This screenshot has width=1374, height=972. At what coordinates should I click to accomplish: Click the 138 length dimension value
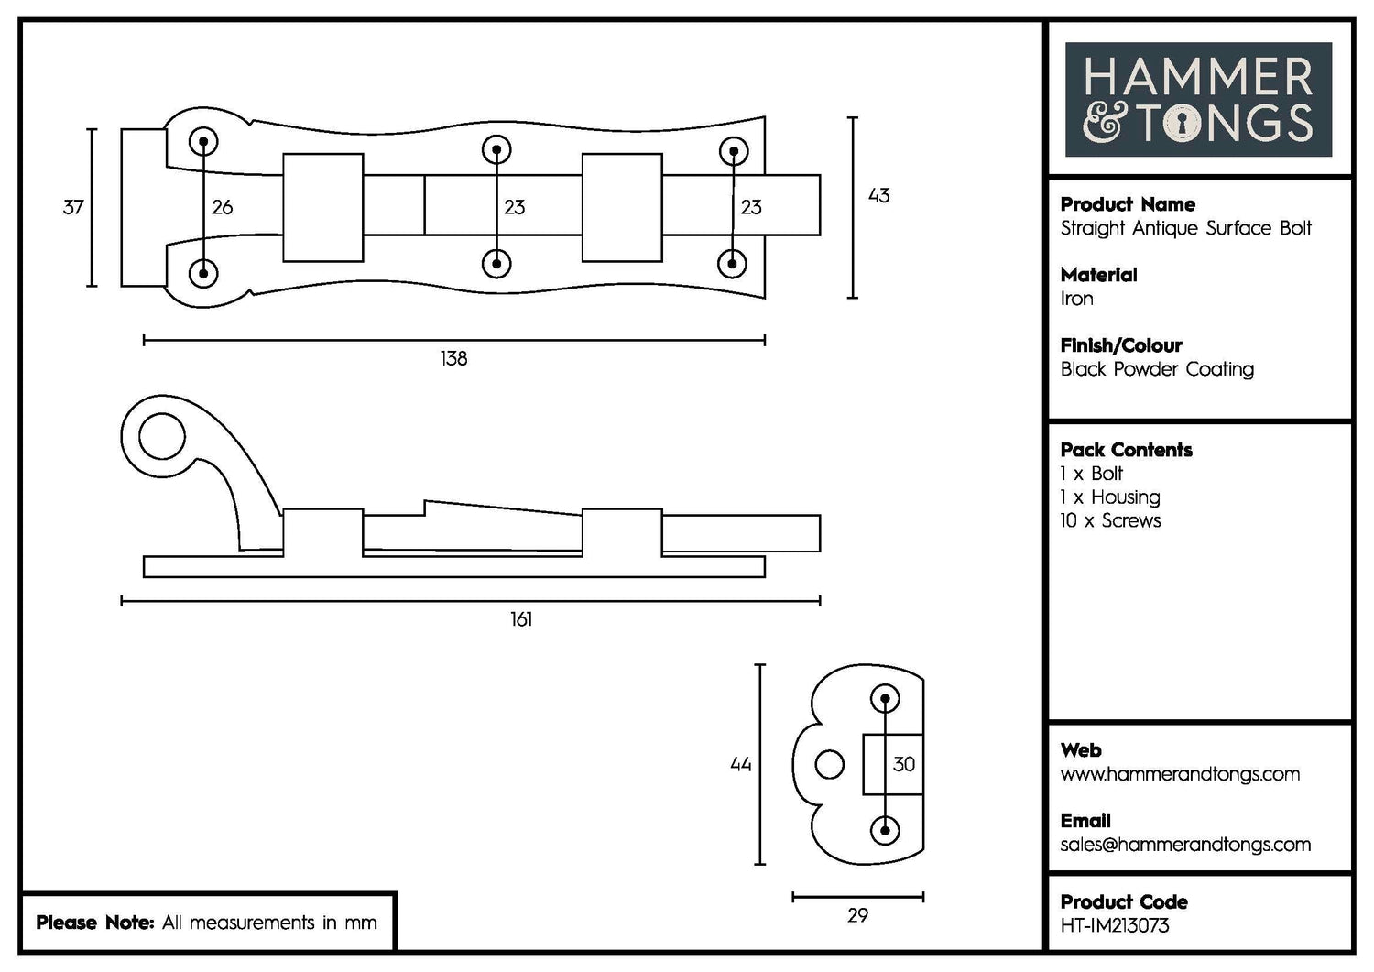(453, 359)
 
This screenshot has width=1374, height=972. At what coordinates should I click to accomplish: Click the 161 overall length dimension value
(521, 620)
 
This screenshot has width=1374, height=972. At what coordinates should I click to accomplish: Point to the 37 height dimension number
(73, 208)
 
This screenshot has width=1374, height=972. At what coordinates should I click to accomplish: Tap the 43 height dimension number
(878, 196)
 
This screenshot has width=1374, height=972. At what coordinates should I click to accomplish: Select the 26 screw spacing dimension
(223, 208)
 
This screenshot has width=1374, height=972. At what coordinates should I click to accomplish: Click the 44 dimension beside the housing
(741, 764)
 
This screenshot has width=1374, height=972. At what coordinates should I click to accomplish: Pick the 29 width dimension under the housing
(857, 915)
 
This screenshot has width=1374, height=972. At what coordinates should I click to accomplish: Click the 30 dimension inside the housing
(904, 764)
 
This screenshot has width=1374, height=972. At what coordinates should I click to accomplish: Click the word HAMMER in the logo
(1198, 77)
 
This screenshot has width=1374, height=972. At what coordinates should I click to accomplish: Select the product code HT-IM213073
(1115, 926)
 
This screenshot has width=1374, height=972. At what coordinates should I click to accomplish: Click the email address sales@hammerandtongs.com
(1185, 845)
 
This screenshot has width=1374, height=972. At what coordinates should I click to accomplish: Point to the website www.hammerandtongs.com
(1180, 774)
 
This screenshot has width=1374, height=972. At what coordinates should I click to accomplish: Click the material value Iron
(1076, 299)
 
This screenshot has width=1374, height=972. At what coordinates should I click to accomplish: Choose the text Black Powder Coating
(1157, 369)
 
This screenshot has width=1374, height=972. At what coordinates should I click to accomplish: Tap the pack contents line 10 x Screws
(1110, 520)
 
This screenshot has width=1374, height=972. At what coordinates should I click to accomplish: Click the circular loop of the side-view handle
(161, 436)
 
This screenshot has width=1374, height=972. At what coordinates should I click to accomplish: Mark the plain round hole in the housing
(830, 765)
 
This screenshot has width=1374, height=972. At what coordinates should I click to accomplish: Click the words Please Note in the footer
(94, 923)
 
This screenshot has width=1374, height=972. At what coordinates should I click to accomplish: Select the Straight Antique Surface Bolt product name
(1186, 228)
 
